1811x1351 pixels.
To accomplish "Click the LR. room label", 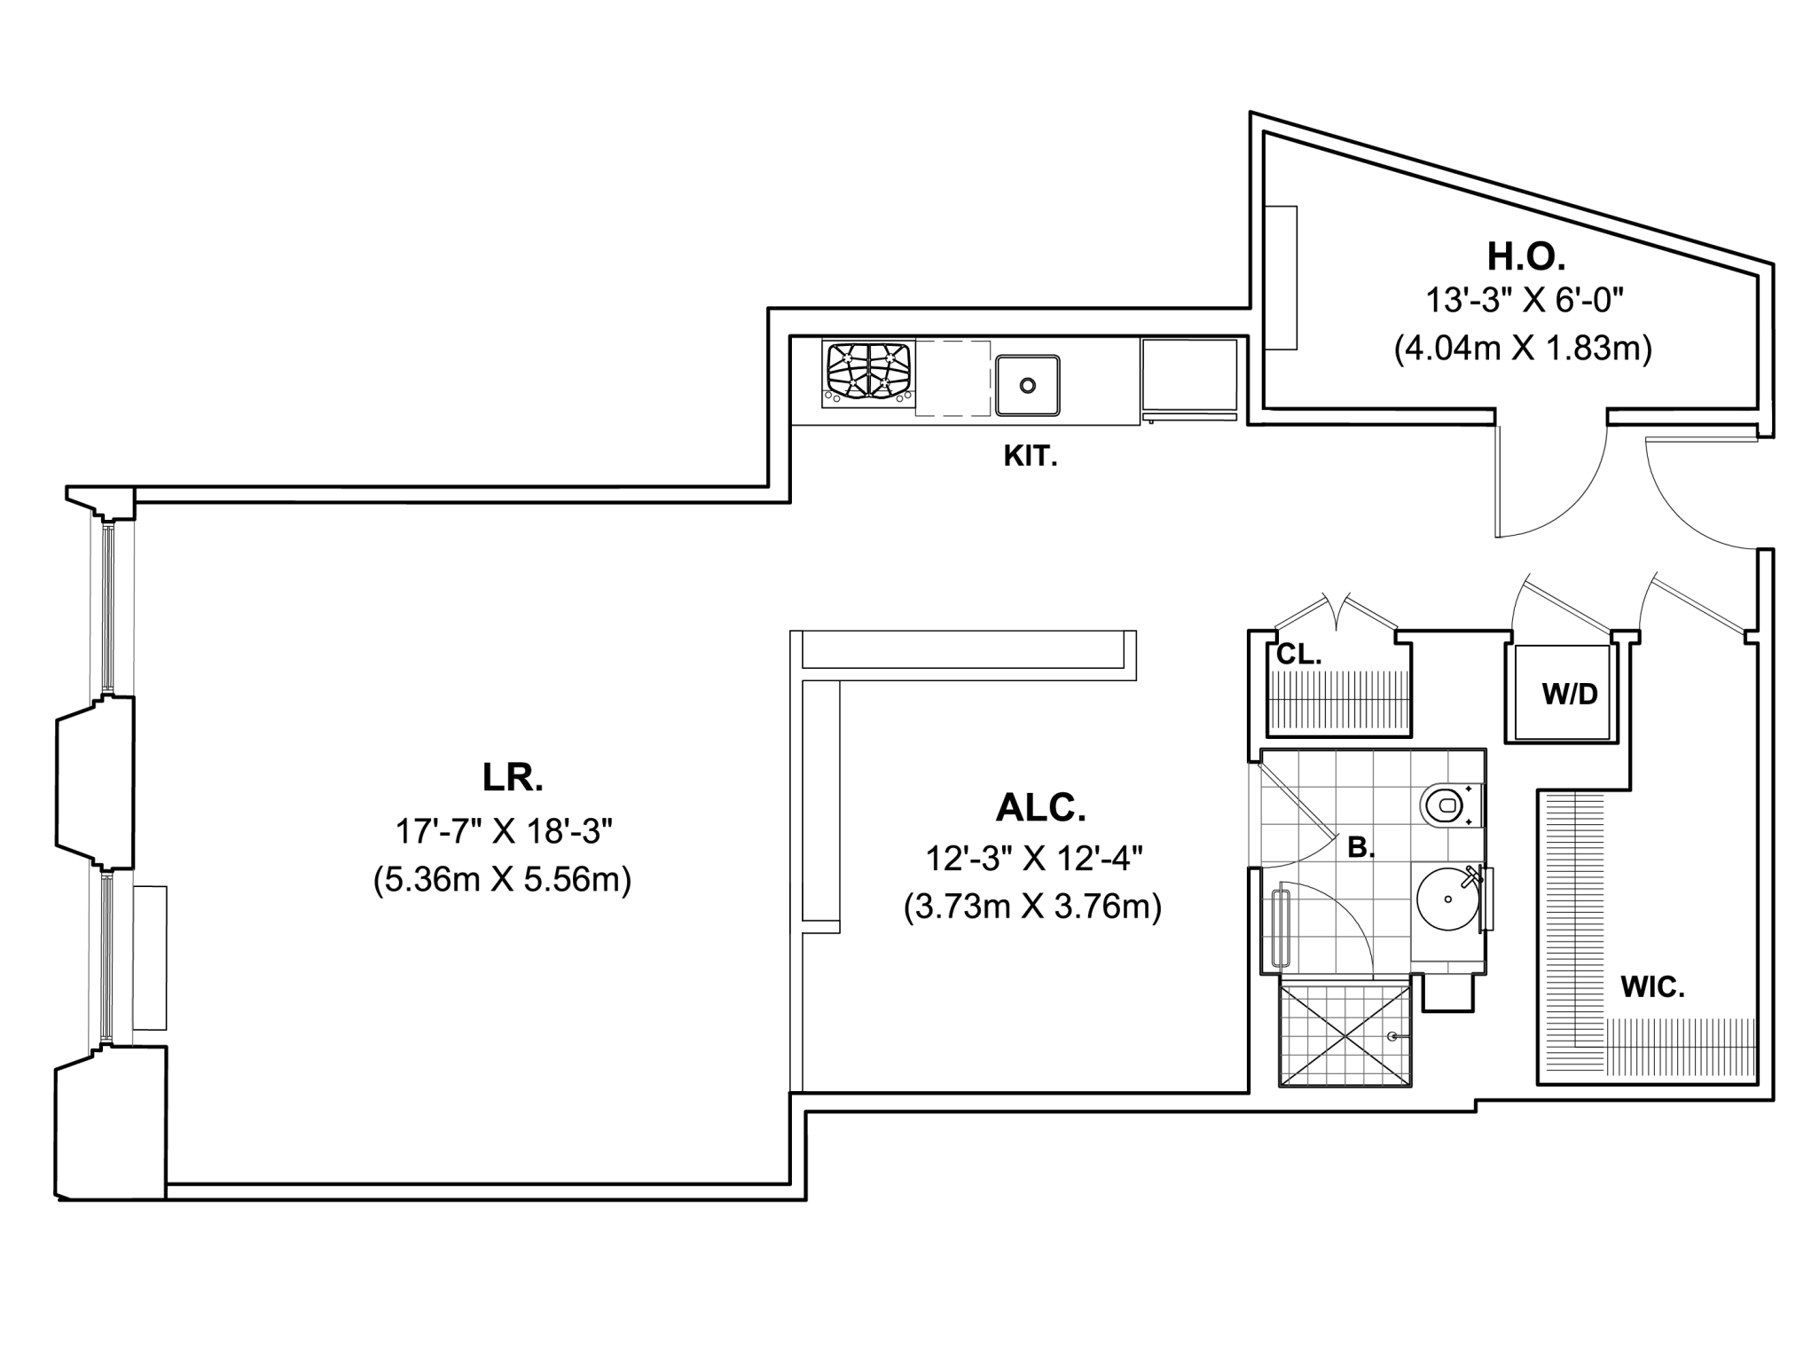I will coord(513,778).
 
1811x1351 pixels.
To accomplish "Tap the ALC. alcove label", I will coord(1040,808).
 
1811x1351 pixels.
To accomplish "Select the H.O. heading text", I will coord(1525,257).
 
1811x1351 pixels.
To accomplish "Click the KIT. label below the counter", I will coord(1030,457).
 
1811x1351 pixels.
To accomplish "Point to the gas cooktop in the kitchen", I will coord(869,373).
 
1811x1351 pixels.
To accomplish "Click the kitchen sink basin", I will coord(1027,385).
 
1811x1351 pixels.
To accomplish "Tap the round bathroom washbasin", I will coord(1447,899).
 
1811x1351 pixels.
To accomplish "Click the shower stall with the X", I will coord(1345,1033).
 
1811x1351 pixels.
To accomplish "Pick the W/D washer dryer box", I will coord(1569,694).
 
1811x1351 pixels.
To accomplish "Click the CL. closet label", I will coord(1298,656).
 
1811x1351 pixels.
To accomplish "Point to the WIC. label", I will coord(1652,988).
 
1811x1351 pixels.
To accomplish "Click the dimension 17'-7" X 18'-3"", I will coord(504,832).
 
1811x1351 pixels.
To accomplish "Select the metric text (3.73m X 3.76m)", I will coord(1032,907).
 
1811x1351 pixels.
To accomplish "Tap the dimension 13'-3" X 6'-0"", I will coord(1524,302).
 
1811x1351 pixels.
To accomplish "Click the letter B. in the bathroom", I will coord(1360,848).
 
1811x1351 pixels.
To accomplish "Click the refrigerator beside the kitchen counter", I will coord(1188,379).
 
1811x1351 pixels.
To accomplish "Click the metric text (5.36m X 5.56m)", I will coord(502,881).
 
